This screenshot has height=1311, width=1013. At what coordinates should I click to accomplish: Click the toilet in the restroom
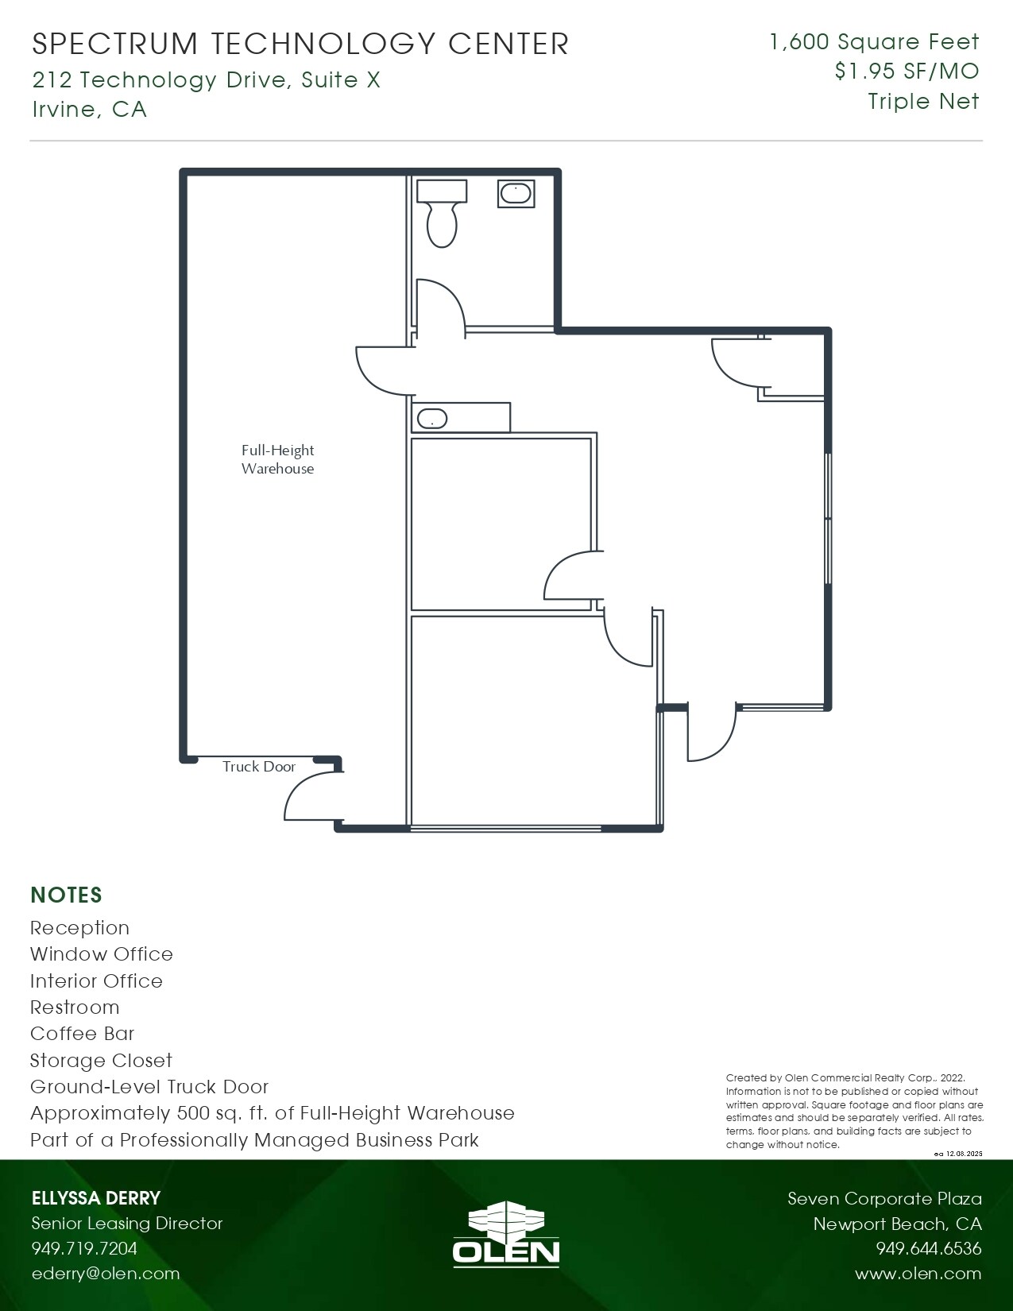tap(442, 215)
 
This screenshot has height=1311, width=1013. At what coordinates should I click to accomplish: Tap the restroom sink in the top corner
tap(516, 193)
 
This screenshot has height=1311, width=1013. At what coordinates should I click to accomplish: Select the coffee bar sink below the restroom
tap(432, 419)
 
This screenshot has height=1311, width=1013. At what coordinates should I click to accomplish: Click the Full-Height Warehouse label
tap(277, 459)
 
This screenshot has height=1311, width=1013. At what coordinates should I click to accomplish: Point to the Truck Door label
tap(258, 767)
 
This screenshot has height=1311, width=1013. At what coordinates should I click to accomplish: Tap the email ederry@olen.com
tap(105, 1273)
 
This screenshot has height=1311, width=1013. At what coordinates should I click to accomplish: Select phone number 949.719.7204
tap(84, 1248)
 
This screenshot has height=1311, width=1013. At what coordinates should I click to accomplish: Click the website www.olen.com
tap(918, 1274)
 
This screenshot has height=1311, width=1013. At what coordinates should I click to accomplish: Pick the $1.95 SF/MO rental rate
tap(907, 72)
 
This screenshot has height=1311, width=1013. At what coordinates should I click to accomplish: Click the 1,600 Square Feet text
tap(874, 42)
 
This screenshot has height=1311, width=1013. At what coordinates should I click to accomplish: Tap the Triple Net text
tap(923, 102)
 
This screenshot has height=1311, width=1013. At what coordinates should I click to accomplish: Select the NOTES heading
tap(66, 895)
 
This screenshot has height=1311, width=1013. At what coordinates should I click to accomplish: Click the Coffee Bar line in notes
tap(82, 1034)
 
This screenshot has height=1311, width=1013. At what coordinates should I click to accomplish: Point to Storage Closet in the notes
tap(101, 1061)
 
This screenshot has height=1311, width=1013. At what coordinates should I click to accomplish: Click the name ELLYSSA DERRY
tap(95, 1198)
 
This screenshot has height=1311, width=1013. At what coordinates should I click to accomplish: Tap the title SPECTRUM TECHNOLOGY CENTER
tap(300, 44)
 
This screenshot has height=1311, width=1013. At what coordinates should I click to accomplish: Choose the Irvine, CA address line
tap(89, 109)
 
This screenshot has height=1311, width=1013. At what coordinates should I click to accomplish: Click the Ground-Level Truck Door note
tap(149, 1087)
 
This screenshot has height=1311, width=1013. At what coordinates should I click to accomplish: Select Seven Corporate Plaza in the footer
tap(884, 1198)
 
